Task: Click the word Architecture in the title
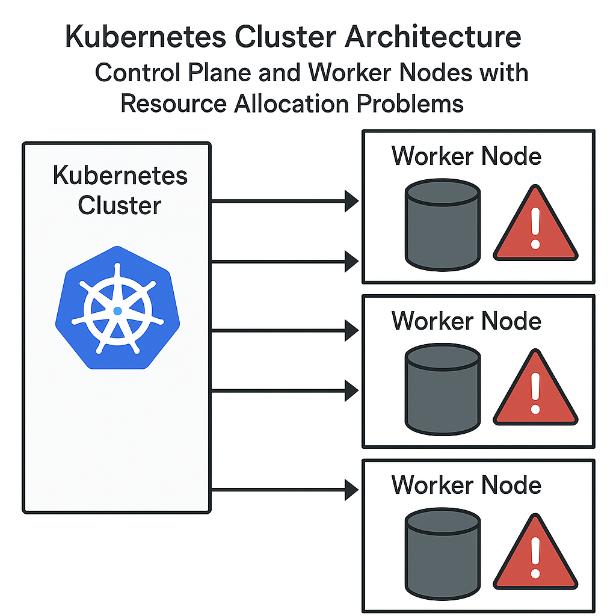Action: (x=433, y=37)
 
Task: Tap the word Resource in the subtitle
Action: (x=173, y=103)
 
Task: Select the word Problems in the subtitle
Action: (x=410, y=103)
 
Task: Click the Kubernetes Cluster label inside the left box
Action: (x=120, y=190)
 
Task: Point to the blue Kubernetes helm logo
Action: (x=117, y=307)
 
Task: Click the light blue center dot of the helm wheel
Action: (x=117, y=311)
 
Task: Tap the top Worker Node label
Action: (x=466, y=156)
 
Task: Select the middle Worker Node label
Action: (x=466, y=321)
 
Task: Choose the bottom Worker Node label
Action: (x=466, y=485)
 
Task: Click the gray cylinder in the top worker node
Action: (x=443, y=225)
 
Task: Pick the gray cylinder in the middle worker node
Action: (x=443, y=390)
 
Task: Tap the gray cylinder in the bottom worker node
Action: (x=443, y=554)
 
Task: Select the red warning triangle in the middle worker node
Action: (x=535, y=392)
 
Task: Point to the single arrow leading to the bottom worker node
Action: (x=285, y=490)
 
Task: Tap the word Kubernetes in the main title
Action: (x=146, y=37)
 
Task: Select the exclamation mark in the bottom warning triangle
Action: (x=535, y=558)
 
